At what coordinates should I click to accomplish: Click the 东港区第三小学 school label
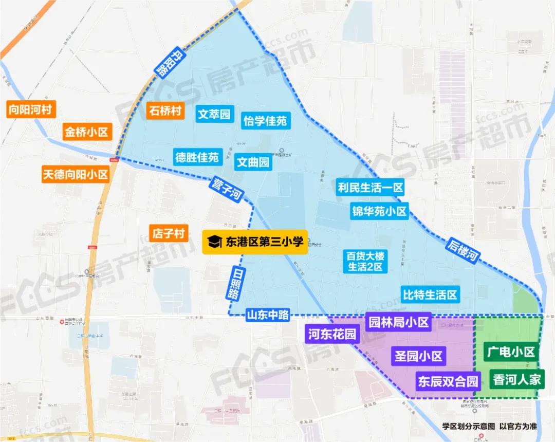click(255, 242)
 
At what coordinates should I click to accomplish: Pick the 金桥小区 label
click(86, 132)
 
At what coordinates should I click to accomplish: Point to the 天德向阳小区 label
click(75, 174)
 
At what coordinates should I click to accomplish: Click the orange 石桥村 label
click(165, 110)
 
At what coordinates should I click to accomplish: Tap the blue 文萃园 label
click(215, 114)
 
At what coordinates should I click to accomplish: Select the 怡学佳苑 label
click(265, 121)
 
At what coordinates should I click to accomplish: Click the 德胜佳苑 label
click(197, 157)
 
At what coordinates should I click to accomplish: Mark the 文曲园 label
click(253, 162)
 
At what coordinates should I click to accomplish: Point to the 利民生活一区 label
click(370, 188)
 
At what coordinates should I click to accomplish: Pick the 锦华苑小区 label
click(379, 211)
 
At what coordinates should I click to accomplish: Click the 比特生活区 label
click(430, 294)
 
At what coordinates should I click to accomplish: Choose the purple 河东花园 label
click(331, 335)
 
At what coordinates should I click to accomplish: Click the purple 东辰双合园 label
click(448, 381)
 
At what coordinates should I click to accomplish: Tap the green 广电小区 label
click(511, 352)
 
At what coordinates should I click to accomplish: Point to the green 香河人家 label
click(516, 379)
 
